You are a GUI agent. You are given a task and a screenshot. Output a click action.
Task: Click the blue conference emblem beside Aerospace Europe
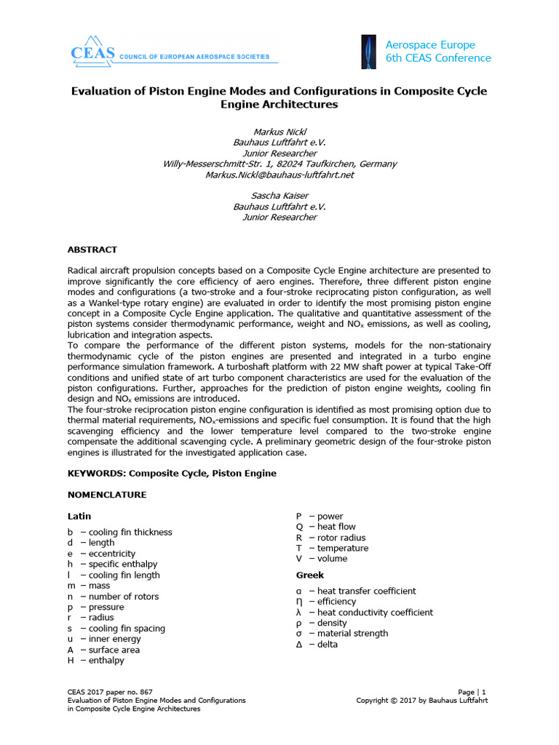(x=369, y=52)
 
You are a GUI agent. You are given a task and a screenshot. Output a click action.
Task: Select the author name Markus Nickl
(x=279, y=132)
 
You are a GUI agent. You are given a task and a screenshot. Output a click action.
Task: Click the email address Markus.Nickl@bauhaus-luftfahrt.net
(x=279, y=175)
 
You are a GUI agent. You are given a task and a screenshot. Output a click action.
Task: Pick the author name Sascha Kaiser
(x=279, y=196)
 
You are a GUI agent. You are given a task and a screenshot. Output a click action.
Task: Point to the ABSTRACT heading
(x=92, y=250)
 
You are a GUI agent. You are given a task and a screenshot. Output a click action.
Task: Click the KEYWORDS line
(x=172, y=473)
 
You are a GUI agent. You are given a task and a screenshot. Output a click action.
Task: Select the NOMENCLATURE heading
(x=107, y=495)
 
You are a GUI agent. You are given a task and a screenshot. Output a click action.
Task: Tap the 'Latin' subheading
(x=79, y=516)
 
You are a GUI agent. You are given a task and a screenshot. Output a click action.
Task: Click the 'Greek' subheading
(x=309, y=575)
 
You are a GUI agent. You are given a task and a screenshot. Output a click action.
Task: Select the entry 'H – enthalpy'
(x=96, y=660)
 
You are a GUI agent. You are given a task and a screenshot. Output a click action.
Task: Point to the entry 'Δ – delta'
(x=317, y=645)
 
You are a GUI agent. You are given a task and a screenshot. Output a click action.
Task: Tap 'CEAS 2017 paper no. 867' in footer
(x=110, y=692)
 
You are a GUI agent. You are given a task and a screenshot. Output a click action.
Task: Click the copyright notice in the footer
(x=421, y=701)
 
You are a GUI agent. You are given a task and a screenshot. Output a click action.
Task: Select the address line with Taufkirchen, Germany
(x=279, y=164)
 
